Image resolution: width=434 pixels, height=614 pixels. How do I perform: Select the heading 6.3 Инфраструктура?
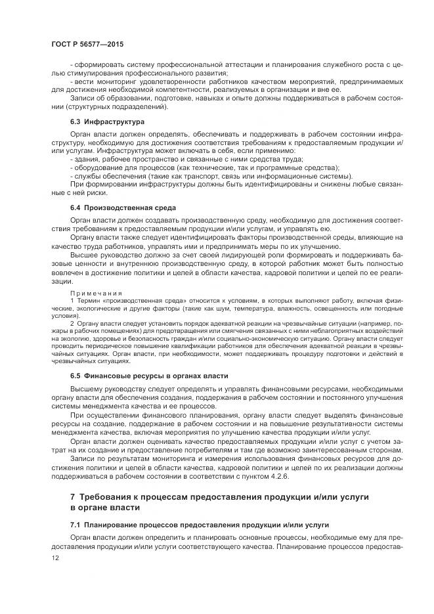pos(108,122)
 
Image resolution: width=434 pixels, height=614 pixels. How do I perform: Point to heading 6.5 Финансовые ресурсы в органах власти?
pos(149,376)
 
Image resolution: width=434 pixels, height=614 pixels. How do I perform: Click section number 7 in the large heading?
pos(73,497)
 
